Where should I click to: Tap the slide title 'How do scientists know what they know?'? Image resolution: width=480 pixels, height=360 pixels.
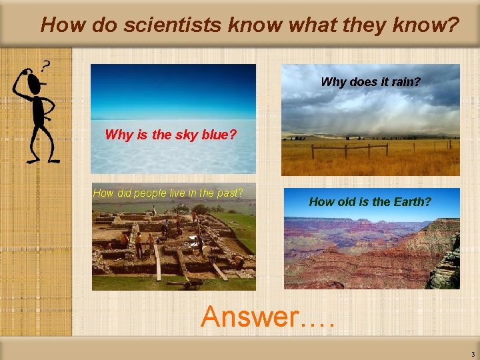[x=249, y=25]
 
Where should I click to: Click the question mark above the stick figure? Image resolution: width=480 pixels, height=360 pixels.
[x=46, y=66]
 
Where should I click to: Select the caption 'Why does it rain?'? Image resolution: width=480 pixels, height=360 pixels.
[x=370, y=82]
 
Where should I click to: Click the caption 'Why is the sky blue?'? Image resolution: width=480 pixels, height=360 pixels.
[x=171, y=135]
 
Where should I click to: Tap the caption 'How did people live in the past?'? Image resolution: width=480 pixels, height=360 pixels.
[x=168, y=193]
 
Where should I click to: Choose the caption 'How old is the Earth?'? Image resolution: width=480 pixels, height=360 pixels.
[x=370, y=201]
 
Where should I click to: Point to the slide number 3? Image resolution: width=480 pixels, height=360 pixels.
[x=472, y=354]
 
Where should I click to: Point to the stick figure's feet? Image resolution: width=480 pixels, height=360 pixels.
[x=43, y=159]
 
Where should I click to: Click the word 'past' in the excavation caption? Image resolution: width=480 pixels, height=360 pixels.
[x=229, y=193]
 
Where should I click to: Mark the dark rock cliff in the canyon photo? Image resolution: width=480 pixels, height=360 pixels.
[x=445, y=267]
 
